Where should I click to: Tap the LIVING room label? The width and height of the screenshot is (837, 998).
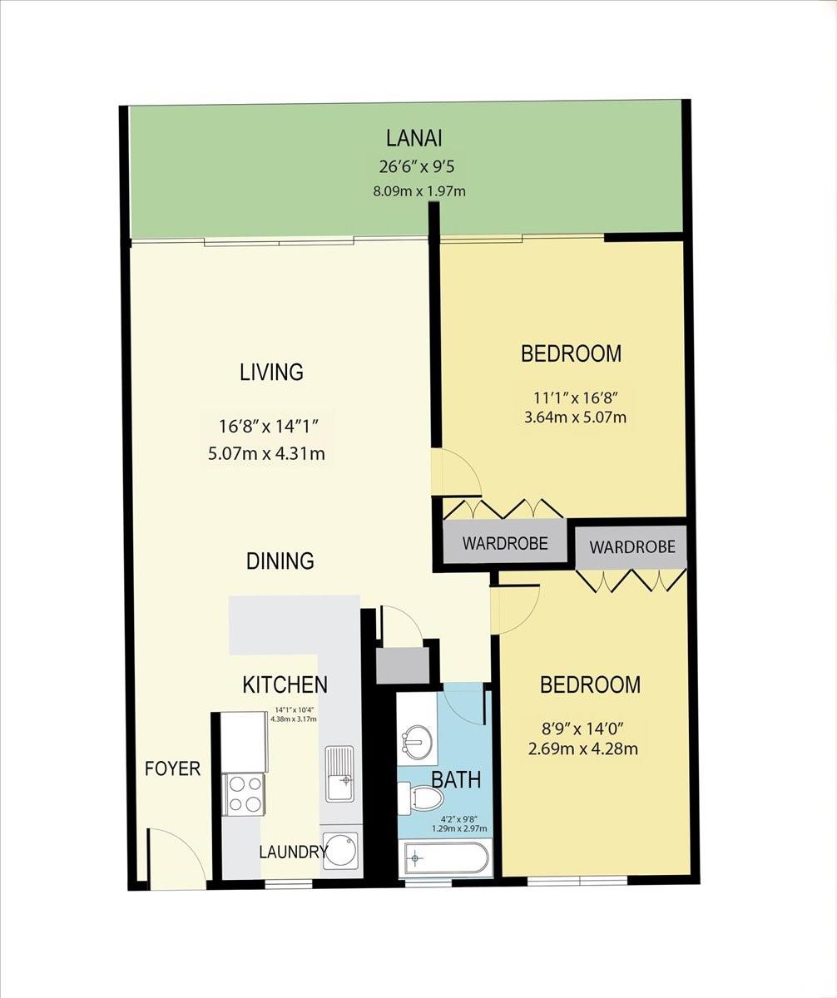[271, 372]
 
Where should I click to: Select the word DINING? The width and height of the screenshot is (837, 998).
[280, 561]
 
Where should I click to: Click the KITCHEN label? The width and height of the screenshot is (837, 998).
[285, 684]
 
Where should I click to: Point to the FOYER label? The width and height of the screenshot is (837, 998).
[172, 768]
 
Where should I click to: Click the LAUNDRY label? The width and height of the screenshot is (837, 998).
[292, 852]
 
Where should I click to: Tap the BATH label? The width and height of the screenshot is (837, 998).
[456, 779]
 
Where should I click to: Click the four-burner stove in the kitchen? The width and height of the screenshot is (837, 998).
[245, 793]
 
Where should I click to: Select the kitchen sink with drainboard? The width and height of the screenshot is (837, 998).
[339, 773]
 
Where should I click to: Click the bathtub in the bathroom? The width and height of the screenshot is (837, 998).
[448, 857]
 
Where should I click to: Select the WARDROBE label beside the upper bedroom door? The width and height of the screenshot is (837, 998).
[505, 544]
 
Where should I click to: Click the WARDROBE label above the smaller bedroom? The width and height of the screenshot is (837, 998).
[631, 547]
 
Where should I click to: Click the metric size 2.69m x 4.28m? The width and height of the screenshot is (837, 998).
[582, 748]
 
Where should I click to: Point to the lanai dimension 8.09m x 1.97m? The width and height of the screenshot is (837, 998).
[418, 191]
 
